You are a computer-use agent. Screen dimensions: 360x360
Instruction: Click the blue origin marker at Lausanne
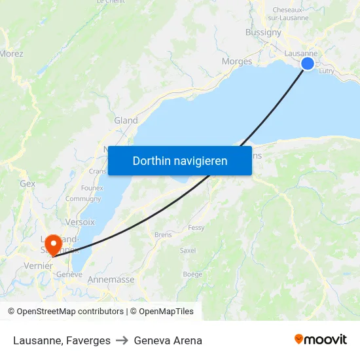307,63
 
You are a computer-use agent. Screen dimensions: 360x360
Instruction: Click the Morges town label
237,62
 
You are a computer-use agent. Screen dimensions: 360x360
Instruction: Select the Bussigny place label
263,32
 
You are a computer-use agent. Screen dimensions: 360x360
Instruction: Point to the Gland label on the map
126,120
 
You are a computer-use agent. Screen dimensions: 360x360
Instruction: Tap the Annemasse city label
111,279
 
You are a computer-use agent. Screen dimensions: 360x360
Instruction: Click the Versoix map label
80,222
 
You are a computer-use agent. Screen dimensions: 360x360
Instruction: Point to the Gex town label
27,184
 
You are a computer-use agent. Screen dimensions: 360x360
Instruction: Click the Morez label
12,54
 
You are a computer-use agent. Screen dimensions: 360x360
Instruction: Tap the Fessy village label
196,228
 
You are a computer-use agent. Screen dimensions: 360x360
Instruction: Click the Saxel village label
188,250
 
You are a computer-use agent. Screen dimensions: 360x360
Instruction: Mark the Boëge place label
192,274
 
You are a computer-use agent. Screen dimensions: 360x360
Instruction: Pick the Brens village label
163,234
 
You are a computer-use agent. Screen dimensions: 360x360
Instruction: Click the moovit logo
321,340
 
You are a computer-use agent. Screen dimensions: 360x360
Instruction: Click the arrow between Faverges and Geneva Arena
122,340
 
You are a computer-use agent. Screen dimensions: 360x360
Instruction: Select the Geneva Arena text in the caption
168,340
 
